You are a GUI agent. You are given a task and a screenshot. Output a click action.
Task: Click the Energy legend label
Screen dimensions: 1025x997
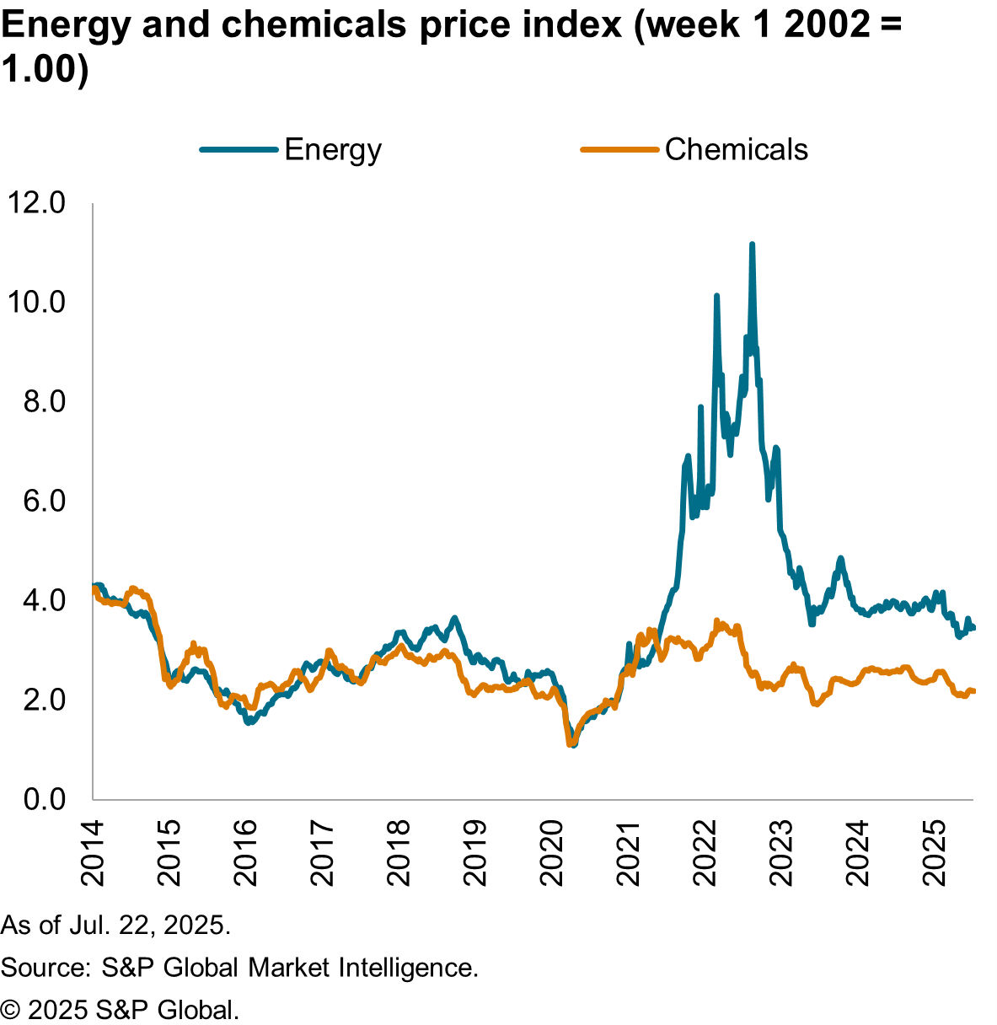pyautogui.click(x=333, y=150)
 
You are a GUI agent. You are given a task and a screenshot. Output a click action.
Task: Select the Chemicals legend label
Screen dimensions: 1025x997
pyautogui.click(x=736, y=150)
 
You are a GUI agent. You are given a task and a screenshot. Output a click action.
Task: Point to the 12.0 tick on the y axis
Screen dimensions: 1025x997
pyautogui.click(x=35, y=203)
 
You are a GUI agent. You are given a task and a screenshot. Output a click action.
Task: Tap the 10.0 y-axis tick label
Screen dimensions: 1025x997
pyautogui.click(x=35, y=302)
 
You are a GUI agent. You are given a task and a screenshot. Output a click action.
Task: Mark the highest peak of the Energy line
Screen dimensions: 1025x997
pyautogui.click(x=752, y=245)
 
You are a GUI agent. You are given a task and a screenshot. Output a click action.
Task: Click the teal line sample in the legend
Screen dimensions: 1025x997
pyautogui.click(x=239, y=150)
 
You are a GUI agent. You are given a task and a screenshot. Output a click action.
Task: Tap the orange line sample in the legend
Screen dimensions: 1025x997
pyautogui.click(x=619, y=150)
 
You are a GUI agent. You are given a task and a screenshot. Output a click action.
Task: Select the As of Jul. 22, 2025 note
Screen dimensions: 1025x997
pyautogui.click(x=115, y=925)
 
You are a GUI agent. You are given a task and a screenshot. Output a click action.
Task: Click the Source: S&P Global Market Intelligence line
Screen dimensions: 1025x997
pyautogui.click(x=239, y=967)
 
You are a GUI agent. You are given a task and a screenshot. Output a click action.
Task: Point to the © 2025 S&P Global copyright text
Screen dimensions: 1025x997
pyautogui.click(x=120, y=1009)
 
